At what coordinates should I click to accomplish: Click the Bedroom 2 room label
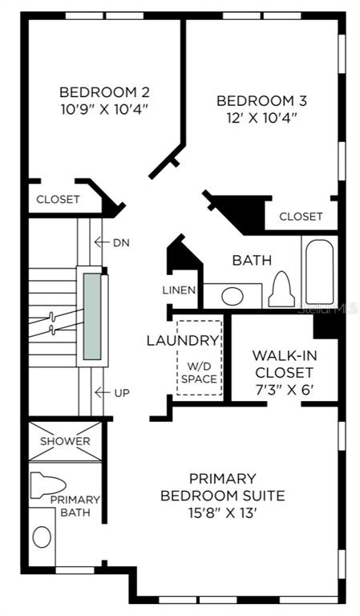click(104, 92)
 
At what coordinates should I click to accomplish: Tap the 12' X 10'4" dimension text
click(261, 118)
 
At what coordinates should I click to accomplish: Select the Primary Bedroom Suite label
click(223, 487)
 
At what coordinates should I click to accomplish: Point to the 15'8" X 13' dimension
click(223, 513)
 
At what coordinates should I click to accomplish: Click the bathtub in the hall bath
click(320, 272)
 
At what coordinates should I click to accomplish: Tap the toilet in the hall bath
click(281, 290)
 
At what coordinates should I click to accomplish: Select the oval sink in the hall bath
click(232, 296)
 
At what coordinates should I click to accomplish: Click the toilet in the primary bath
click(47, 485)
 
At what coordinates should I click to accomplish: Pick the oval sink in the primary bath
click(42, 537)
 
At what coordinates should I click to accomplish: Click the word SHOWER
click(65, 441)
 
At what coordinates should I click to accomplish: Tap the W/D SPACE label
click(199, 373)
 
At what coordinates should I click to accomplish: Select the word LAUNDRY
click(182, 341)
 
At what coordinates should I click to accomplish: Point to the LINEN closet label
click(179, 290)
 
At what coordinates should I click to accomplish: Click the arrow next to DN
click(101, 242)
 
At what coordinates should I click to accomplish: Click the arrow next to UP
click(102, 392)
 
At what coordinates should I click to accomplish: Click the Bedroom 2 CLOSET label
click(58, 200)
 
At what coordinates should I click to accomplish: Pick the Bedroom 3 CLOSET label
click(301, 217)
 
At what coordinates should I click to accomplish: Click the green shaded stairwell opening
click(92, 317)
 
